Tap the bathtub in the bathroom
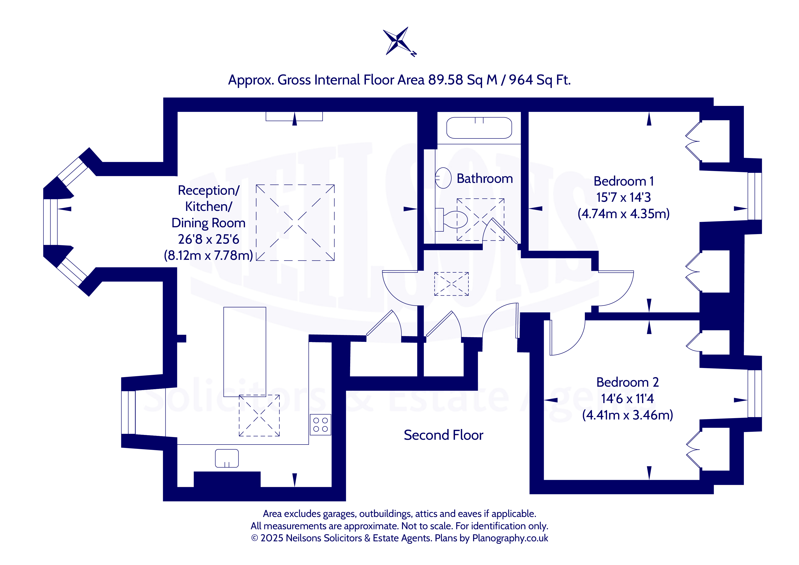pos(479,128)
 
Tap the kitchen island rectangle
pos(245,352)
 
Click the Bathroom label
pos(485,179)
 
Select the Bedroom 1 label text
pos(624,181)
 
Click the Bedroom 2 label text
pos(627,382)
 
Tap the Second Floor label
pos(443,435)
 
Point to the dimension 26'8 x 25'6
pos(208,239)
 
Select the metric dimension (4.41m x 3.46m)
pos(627,415)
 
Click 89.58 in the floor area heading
pos(445,80)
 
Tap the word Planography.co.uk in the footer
pos(510,538)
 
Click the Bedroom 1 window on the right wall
pos(754,196)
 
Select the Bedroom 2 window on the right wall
pos(754,394)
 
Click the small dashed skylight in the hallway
pos(451,284)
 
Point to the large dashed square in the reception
pos(295,223)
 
